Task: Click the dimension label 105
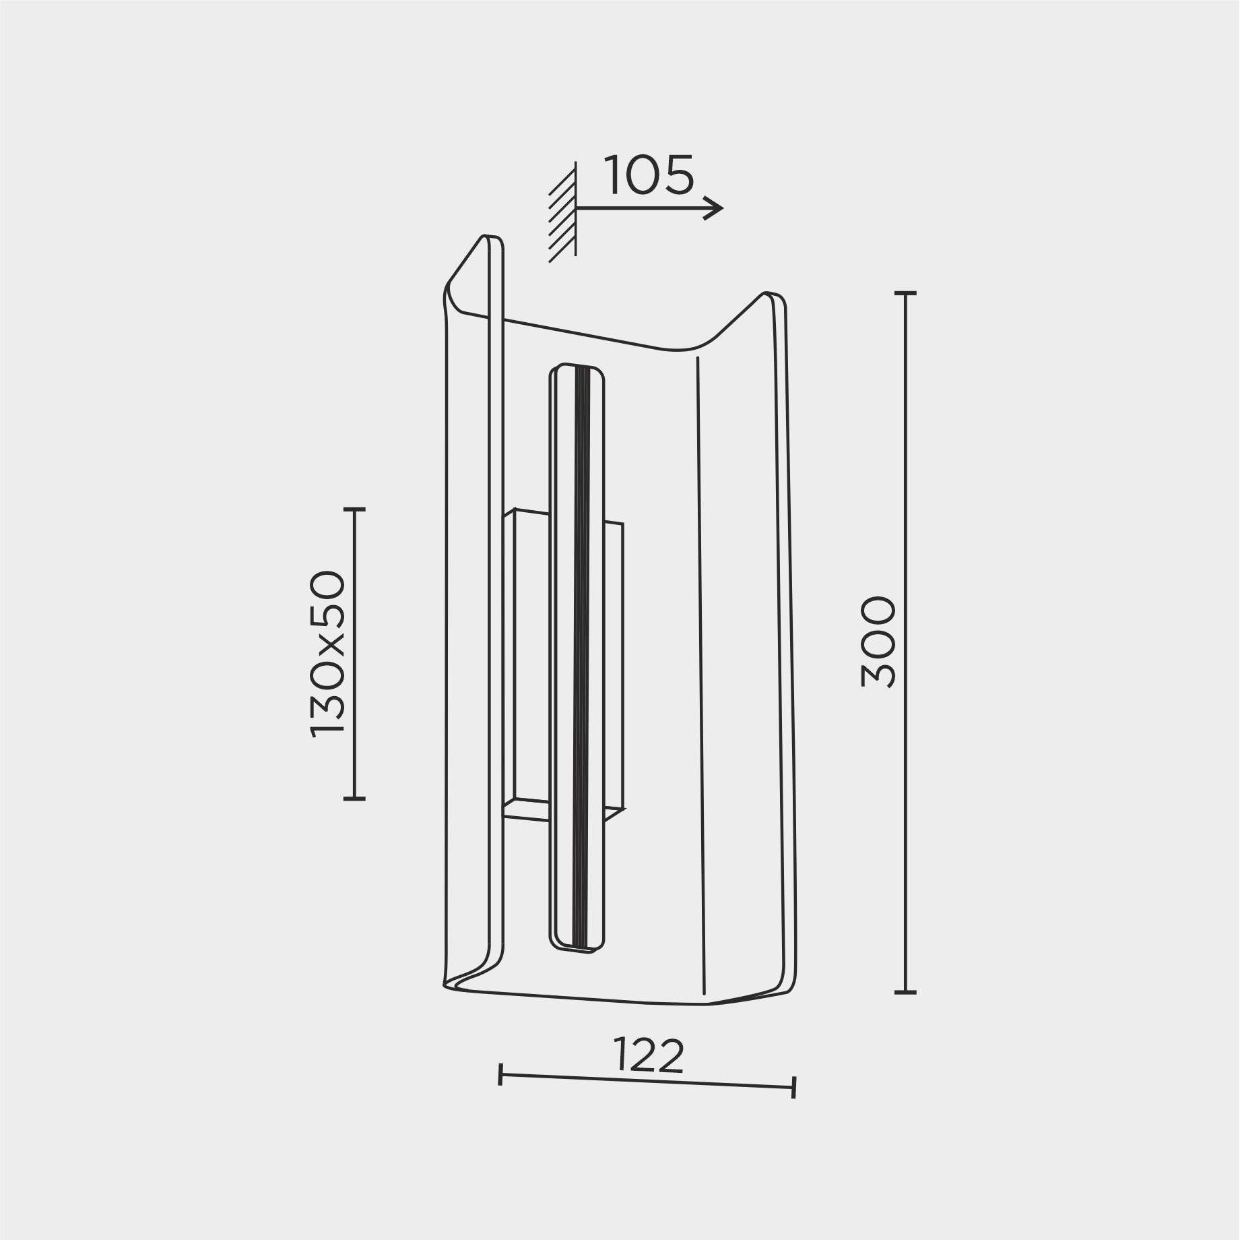click(649, 175)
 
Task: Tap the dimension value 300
click(878, 642)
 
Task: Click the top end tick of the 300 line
click(905, 294)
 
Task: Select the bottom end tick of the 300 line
click(905, 992)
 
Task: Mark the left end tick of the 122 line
click(500, 1074)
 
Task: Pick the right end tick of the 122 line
click(795, 1088)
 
